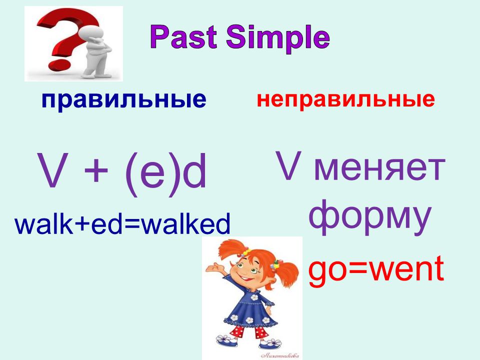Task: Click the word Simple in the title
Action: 278,39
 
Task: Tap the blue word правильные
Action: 124,100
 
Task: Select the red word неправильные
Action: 345,100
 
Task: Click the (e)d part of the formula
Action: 165,174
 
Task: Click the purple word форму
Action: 370,216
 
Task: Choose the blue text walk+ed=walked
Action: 122,223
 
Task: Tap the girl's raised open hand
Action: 214,269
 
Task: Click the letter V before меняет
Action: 288,165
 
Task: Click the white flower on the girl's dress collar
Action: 254,297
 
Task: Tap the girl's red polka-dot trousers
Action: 248,331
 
